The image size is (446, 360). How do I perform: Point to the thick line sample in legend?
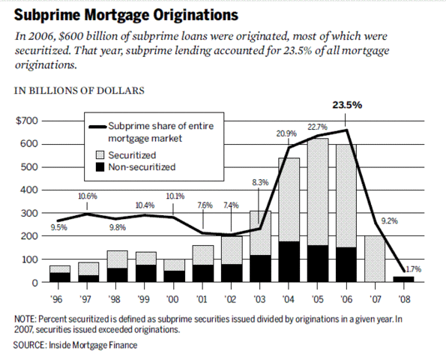tap(96, 127)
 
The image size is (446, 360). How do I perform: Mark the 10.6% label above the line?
tap(88, 196)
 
